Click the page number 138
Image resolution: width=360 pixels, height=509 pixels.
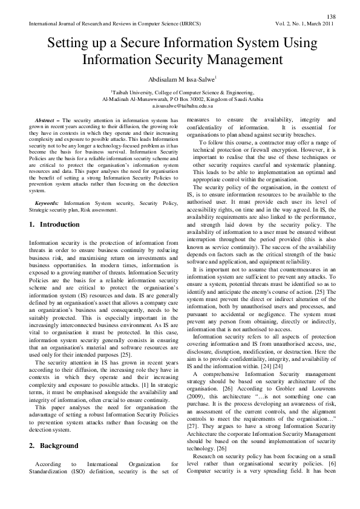[x=331, y=16]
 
